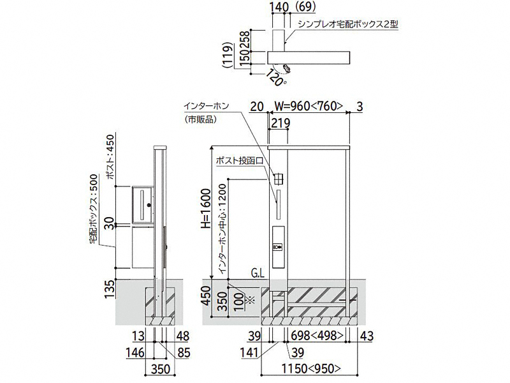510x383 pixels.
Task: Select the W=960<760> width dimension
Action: point(309,106)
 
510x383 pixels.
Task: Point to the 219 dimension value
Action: point(280,123)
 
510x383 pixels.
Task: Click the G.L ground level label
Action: point(258,273)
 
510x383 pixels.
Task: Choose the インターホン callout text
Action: point(206,106)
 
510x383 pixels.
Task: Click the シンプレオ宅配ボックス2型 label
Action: point(347,24)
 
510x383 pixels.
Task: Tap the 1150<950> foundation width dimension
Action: point(311,368)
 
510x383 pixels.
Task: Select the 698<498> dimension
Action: point(317,336)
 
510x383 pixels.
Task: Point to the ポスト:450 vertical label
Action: point(110,156)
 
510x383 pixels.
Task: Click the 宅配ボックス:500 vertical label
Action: point(94,209)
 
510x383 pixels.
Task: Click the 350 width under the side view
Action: point(161,369)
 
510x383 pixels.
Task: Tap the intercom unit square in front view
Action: point(279,179)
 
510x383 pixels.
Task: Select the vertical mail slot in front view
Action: point(279,204)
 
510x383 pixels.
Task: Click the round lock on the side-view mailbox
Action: point(149,205)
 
